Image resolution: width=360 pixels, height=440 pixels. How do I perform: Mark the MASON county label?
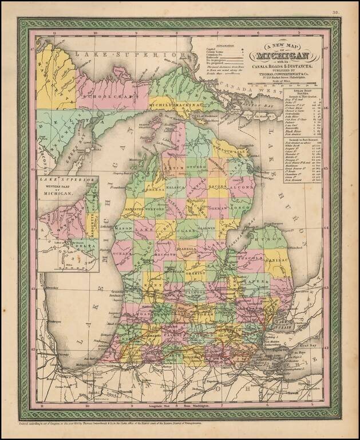[x=124, y=228]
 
